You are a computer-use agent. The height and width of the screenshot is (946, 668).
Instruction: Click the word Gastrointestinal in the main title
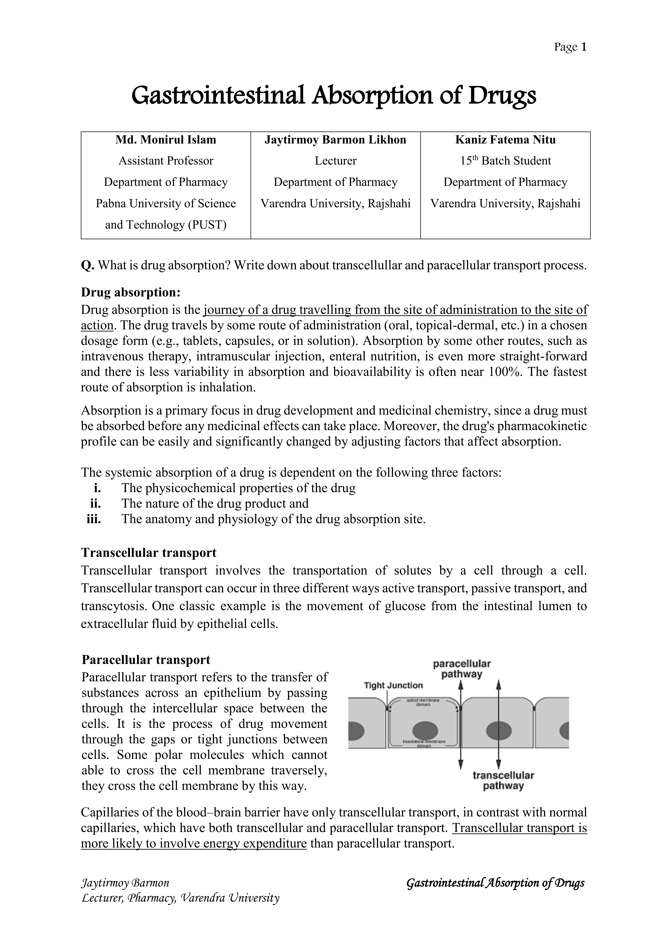coord(218,96)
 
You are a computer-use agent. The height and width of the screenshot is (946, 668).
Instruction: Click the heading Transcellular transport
coord(149,552)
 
